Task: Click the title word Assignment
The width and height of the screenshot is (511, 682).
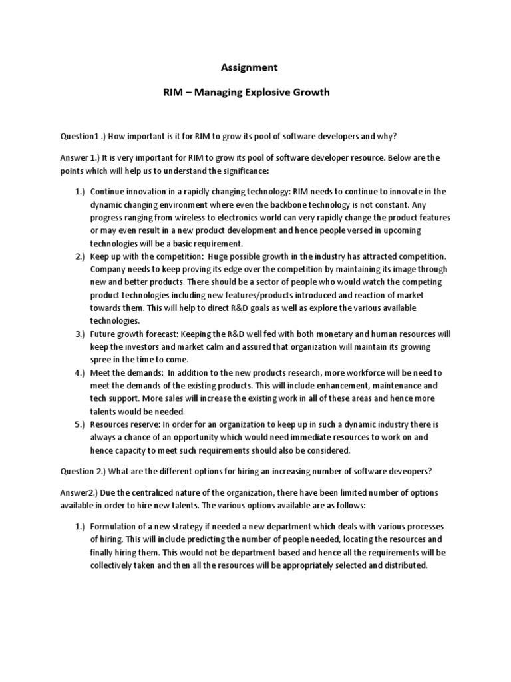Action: (x=248, y=67)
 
